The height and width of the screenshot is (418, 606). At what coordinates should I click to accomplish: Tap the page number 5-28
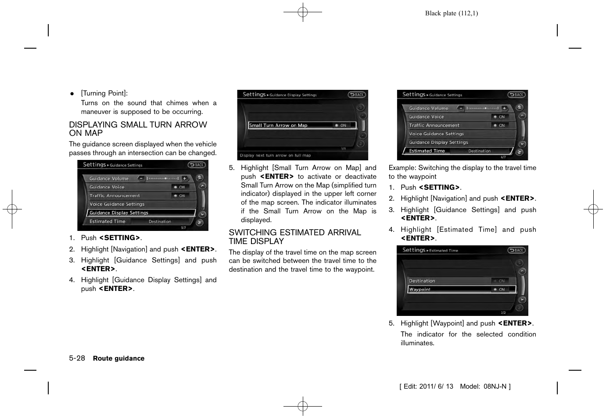click(x=77, y=358)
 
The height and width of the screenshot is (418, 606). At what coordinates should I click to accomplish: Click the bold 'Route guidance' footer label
click(x=118, y=358)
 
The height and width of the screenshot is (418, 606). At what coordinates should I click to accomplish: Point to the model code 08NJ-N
click(x=495, y=386)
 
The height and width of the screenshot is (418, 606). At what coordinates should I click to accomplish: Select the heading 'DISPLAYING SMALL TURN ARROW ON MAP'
click(x=138, y=129)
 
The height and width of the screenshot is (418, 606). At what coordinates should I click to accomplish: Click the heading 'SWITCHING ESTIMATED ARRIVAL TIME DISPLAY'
click(x=294, y=237)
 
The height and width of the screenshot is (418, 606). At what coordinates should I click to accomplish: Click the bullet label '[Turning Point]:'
click(x=104, y=93)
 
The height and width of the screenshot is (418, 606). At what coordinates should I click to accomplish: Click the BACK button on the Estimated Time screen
click(x=517, y=250)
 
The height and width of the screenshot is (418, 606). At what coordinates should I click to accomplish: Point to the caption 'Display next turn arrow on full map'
click(x=275, y=156)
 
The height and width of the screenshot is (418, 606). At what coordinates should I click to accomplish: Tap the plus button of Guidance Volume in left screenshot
click(x=185, y=178)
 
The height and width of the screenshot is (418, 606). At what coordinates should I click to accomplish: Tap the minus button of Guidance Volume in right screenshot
click(x=461, y=108)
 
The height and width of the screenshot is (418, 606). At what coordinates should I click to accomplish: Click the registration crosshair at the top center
click(x=303, y=12)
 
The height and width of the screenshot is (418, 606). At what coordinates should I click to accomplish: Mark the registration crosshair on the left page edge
click(x=12, y=209)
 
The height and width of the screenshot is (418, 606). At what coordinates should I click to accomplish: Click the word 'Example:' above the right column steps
click(x=402, y=168)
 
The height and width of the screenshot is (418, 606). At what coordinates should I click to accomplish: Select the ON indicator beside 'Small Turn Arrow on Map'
click(x=341, y=125)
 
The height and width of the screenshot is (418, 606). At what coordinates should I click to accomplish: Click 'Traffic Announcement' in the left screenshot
click(x=115, y=196)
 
